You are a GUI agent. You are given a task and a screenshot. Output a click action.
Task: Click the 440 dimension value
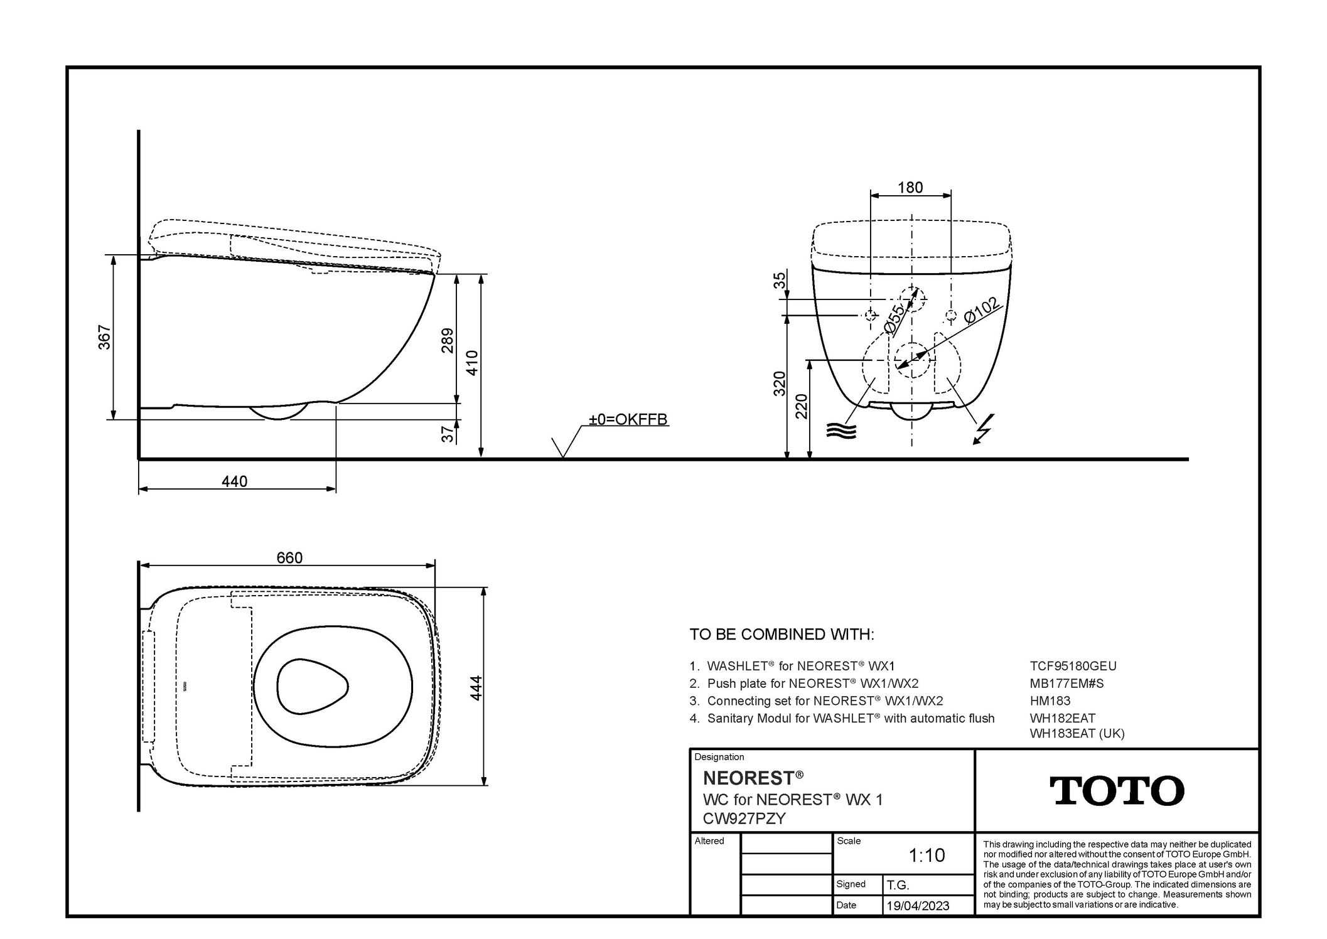coord(234,481)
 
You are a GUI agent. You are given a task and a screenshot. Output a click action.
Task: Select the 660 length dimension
coord(289,557)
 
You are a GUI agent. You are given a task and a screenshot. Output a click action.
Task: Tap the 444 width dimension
coord(476,688)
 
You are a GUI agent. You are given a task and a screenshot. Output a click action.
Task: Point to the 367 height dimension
coord(104,337)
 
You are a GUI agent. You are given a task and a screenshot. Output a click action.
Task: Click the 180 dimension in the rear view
coord(910,187)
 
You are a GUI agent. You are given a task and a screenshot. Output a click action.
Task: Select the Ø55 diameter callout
coord(894,319)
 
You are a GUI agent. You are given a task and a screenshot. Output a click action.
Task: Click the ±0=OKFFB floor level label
coord(627,419)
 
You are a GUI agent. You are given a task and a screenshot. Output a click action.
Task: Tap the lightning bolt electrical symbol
coord(982,429)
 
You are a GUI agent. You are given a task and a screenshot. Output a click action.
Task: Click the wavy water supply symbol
coord(841,431)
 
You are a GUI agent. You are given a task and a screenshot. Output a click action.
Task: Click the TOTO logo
coord(1117,790)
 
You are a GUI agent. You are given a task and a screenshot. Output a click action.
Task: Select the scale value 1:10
coord(927,855)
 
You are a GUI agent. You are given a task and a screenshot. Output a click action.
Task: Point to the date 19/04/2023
coord(917,906)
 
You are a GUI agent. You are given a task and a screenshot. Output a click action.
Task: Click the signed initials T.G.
coord(898,885)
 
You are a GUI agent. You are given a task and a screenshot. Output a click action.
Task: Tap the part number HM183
coord(1050,700)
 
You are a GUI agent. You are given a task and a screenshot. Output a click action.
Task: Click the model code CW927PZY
coord(744,818)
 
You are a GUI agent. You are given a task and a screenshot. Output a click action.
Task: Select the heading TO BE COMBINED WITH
coord(782,634)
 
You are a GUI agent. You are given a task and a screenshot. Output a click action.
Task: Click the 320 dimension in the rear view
coord(779,383)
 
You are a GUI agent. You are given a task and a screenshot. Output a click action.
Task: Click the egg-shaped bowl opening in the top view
coord(312,686)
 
